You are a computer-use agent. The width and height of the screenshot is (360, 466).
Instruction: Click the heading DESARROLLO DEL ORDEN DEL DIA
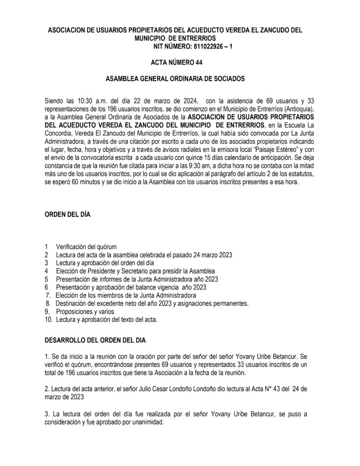pyautogui.click(x=95, y=340)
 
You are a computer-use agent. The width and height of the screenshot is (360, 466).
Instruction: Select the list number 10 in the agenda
pyautogui.click(x=48, y=320)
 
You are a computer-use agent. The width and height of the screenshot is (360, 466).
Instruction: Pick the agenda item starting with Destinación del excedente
pyautogui.click(x=152, y=304)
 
